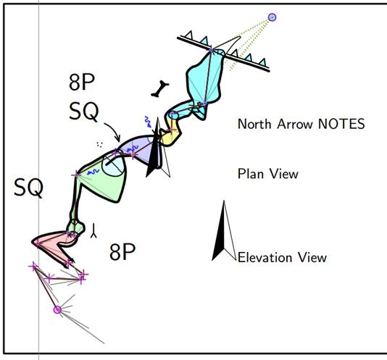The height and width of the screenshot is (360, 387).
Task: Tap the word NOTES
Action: tap(341, 124)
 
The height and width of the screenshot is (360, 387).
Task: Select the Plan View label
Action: tap(268, 174)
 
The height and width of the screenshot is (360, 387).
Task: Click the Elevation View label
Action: tap(282, 258)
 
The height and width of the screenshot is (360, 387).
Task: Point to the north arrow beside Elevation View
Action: tap(224, 231)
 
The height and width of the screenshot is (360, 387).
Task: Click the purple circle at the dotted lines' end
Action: tap(272, 17)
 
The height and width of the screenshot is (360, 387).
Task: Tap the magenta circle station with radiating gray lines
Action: tap(57, 309)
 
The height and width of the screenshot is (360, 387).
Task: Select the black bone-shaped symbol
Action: tap(160, 88)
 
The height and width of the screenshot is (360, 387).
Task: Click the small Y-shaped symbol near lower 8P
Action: tap(93, 231)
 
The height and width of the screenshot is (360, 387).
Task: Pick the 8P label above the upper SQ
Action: tap(82, 83)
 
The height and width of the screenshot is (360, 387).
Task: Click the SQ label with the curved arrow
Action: tap(83, 112)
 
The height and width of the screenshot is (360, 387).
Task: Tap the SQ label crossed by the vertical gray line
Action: tap(29, 188)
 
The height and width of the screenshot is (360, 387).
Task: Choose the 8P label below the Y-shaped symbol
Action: tap(122, 252)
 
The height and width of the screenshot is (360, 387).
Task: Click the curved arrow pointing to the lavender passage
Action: tap(114, 130)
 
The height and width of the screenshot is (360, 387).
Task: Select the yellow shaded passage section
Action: tap(171, 133)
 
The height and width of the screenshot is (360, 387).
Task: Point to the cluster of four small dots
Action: tap(99, 145)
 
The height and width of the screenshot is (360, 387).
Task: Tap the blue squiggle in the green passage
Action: tap(93, 172)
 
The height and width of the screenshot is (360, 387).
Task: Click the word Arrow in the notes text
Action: tap(295, 124)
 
